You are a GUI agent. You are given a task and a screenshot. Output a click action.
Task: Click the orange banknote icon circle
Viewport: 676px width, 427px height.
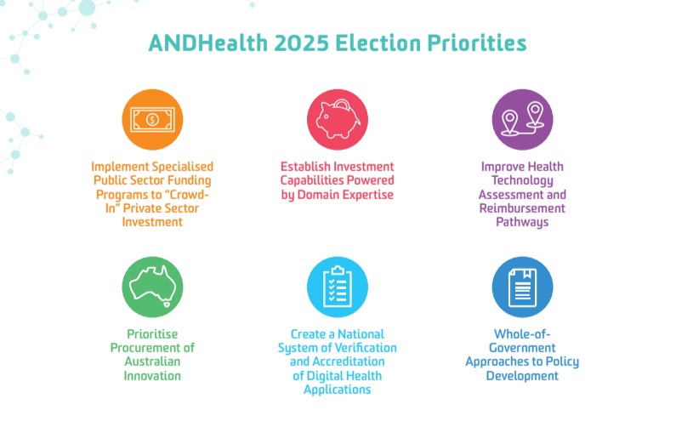coord(152,119)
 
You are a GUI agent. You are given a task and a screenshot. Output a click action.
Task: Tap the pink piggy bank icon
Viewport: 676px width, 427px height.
coord(337,119)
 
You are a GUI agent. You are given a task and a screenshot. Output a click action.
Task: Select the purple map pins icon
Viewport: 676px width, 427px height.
coord(522,119)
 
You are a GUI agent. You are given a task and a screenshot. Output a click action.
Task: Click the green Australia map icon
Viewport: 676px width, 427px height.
coord(152,287)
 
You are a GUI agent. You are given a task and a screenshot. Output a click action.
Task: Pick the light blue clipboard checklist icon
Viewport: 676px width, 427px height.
coord(337,287)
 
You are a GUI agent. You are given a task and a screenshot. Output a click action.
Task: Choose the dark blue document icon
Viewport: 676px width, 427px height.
coord(522,287)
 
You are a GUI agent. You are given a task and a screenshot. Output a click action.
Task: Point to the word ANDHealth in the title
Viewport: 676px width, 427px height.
coord(208,43)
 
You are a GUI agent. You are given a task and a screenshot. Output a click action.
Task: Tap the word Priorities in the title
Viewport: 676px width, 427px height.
coord(477,43)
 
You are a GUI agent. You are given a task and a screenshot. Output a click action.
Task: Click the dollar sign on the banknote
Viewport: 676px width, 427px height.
coord(152,119)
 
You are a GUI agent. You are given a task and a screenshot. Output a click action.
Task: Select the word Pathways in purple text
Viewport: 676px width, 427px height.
coord(522,223)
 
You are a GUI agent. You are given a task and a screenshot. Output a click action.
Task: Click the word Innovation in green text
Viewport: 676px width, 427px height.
coord(152,376)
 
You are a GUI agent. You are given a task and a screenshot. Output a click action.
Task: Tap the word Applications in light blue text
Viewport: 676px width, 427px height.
coord(337,390)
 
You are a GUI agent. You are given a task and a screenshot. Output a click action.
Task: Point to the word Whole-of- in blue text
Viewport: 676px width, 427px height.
coord(522,333)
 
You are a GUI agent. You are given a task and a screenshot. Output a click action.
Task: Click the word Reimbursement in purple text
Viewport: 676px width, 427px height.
coord(522,208)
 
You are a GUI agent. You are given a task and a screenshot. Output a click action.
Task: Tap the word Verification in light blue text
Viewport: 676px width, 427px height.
coord(366,348)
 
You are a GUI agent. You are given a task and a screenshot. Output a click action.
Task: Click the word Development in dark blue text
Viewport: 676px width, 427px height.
coord(522,376)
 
